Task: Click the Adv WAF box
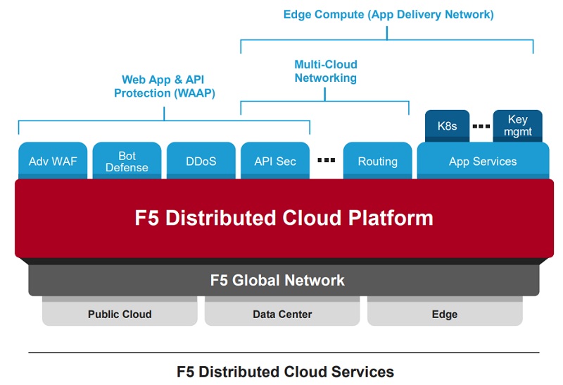click(x=53, y=161)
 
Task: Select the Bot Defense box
click(x=127, y=161)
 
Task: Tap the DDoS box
click(x=201, y=161)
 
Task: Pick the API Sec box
click(x=275, y=161)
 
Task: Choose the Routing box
click(x=377, y=161)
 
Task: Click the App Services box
click(x=483, y=161)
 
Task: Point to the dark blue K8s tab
click(x=447, y=126)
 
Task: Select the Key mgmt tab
click(x=517, y=126)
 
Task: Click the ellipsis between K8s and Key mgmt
click(x=481, y=127)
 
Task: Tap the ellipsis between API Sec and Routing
click(x=327, y=161)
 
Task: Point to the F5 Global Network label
click(x=277, y=280)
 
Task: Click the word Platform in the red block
click(x=391, y=217)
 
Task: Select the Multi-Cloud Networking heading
click(x=325, y=71)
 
